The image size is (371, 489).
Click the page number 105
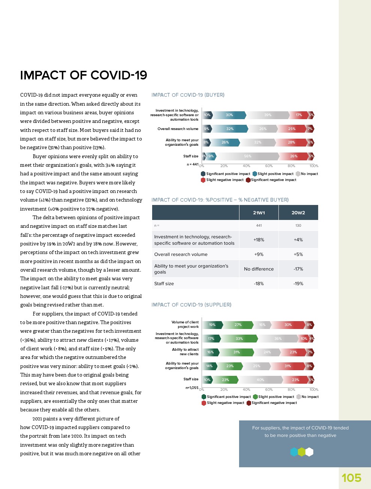(x=351, y=478)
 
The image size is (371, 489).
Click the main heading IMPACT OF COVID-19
(x=84, y=75)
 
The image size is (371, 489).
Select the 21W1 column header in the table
(x=259, y=212)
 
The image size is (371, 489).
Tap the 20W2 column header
(x=298, y=212)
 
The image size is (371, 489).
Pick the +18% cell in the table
(x=259, y=240)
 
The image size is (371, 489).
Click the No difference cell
(x=259, y=269)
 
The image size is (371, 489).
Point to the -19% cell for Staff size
(x=298, y=284)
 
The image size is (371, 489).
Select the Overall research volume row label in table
(x=181, y=254)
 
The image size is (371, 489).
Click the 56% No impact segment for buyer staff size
(x=248, y=156)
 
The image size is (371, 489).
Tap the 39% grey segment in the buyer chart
(x=268, y=115)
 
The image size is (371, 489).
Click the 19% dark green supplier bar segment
(x=212, y=325)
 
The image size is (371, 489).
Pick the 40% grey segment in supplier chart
(x=260, y=380)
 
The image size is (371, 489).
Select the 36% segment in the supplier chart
(x=278, y=339)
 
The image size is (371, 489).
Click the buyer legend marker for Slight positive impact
(x=255, y=174)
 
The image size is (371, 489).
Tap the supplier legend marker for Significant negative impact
(x=249, y=403)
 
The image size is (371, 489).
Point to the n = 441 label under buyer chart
(x=193, y=164)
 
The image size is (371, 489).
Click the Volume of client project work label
(x=185, y=325)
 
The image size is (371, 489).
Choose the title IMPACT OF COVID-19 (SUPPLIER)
(x=191, y=305)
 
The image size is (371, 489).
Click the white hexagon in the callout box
(x=309, y=452)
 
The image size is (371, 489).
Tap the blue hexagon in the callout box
(x=294, y=452)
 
